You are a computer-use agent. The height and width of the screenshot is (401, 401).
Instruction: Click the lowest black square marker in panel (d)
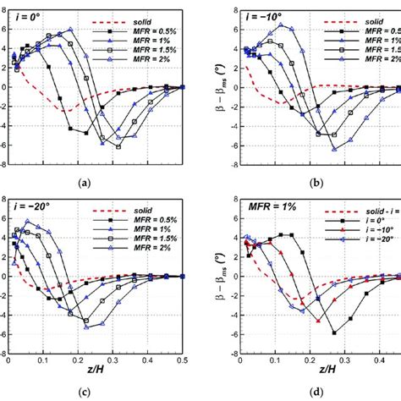click(x=333, y=332)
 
